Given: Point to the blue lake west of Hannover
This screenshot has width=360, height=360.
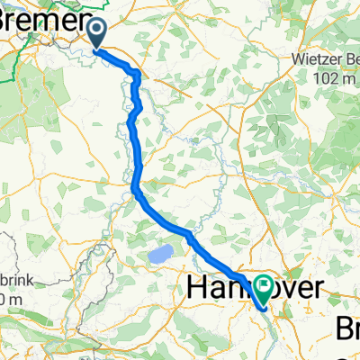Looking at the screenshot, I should pyautogui.click(x=160, y=256).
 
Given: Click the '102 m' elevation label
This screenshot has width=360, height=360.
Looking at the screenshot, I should pyautogui.click(x=328, y=79).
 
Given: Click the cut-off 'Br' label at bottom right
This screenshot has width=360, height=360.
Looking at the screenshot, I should pyautogui.click(x=348, y=327).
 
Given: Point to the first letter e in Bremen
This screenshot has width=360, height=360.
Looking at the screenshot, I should pyautogui.click(x=35, y=23).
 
